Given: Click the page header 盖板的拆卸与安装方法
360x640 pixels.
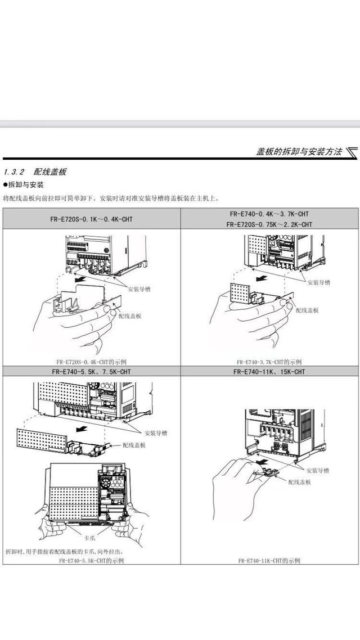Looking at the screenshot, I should coord(299,151).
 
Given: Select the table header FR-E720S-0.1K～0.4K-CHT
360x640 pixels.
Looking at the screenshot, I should coord(92,219).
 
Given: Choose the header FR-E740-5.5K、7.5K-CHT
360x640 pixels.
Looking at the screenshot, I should coord(92,372).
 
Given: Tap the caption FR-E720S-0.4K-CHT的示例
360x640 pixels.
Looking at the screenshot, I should coord(92,362).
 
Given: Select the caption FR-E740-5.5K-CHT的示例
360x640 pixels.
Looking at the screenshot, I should coord(92,560).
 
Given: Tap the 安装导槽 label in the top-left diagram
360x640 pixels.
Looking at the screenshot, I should coord(139,289).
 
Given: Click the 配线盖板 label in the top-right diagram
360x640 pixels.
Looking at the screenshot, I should coord(308,310).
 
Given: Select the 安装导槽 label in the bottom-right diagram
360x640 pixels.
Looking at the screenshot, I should coord(318,470).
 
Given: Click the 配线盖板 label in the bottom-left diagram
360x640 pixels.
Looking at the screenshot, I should coord(134,444).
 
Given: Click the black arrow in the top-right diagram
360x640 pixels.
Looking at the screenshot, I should coord(260,277).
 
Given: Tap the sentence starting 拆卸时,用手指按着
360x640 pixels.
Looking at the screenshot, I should coord(64,551).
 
